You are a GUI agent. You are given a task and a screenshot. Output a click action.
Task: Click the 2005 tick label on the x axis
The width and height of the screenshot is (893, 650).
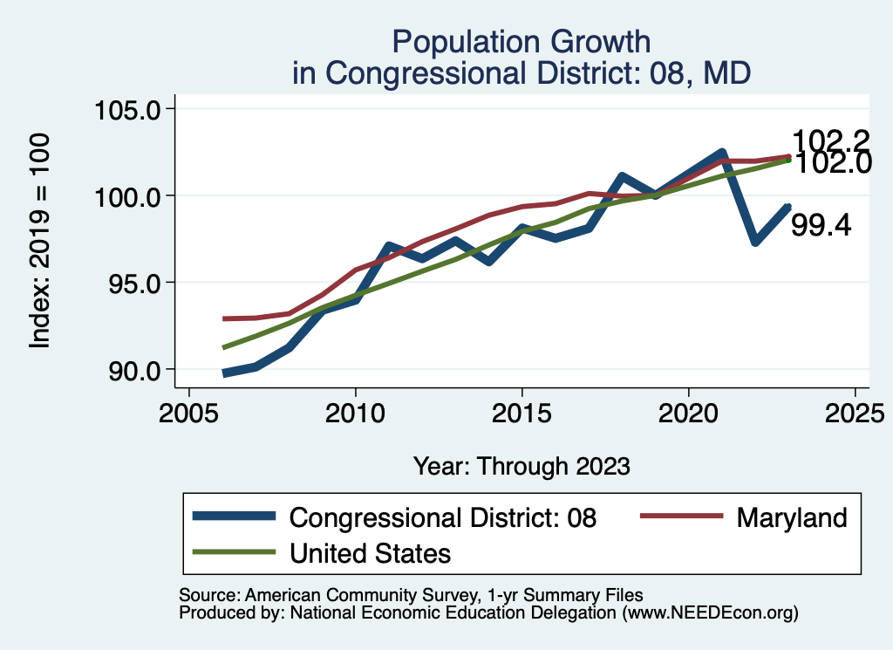pos(188,413)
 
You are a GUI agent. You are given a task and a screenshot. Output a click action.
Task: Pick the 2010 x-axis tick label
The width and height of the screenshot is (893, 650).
pos(355,413)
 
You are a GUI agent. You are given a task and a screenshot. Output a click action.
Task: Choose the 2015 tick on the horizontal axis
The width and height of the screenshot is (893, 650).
pos(521,413)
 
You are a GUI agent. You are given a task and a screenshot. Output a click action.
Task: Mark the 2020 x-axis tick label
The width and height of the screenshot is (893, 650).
pos(689,413)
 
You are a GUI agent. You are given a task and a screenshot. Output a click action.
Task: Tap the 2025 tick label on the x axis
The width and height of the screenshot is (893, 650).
pos(855,413)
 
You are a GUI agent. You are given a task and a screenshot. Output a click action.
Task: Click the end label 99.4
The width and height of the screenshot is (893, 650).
pos(821,226)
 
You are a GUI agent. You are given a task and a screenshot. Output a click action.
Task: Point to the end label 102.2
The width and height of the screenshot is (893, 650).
pos(831,140)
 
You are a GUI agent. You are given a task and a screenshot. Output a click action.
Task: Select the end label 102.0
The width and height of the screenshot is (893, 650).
pos(831,163)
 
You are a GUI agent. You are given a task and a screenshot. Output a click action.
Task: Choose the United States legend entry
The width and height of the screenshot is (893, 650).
pos(370,552)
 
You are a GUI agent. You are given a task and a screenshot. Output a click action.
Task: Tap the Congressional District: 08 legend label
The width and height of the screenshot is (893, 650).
pos(443,517)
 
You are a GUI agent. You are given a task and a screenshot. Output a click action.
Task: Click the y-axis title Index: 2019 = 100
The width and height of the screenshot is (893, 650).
pos(40,241)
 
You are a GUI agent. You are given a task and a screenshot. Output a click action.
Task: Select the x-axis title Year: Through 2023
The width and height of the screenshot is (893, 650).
pos(521,466)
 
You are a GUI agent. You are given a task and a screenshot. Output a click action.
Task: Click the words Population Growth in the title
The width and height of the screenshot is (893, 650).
pos(521,41)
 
